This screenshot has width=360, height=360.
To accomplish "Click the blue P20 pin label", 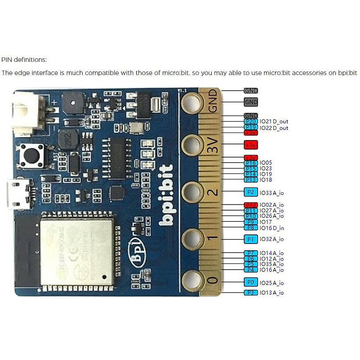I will click(251, 121).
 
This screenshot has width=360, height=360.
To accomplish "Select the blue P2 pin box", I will click(251, 192).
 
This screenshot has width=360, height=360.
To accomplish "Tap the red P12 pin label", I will click(251, 205).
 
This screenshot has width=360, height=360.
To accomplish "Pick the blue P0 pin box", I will click(251, 282).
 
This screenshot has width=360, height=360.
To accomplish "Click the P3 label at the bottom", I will click(251, 292).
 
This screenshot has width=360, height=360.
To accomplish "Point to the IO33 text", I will click(266, 193).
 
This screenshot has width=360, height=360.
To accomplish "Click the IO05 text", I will click(266, 163).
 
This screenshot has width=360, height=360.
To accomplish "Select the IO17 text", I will click(266, 222).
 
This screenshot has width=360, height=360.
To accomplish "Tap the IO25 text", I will click(266, 283).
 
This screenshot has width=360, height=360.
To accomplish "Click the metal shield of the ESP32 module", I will click(76, 252).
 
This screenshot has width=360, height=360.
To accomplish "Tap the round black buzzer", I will click(73, 103).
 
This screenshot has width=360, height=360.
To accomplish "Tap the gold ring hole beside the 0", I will click(192, 280).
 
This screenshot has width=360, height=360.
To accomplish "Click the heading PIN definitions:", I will click(24, 60).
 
